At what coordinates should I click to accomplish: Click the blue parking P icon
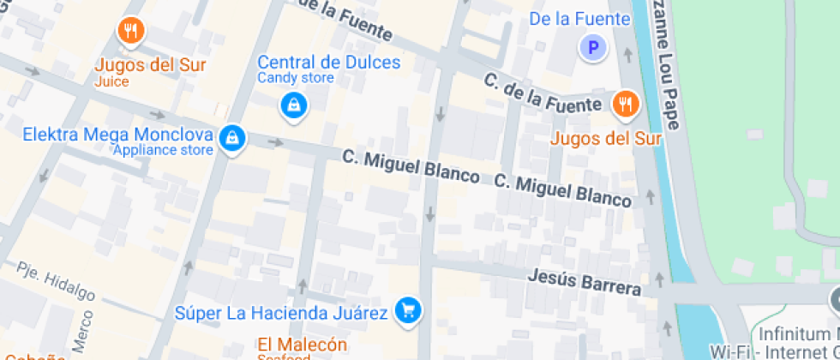click(592, 48)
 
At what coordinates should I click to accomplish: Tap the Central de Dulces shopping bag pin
click(293, 105)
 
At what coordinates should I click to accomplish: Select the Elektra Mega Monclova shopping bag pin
click(231, 137)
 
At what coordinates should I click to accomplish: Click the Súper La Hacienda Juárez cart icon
click(408, 310)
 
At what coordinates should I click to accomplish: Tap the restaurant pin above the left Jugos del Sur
click(130, 32)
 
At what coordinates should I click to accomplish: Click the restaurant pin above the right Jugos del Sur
click(626, 105)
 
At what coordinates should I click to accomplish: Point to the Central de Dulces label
click(329, 63)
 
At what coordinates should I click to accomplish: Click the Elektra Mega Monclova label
click(117, 135)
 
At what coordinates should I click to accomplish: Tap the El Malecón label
click(303, 345)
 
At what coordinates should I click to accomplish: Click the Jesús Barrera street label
click(584, 281)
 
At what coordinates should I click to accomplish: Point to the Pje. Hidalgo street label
click(56, 281)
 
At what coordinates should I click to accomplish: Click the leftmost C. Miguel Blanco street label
click(411, 165)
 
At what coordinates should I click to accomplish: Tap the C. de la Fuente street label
click(542, 93)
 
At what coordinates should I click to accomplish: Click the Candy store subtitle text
click(296, 79)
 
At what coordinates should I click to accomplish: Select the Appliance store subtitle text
click(163, 151)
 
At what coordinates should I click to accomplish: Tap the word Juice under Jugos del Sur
click(112, 82)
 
